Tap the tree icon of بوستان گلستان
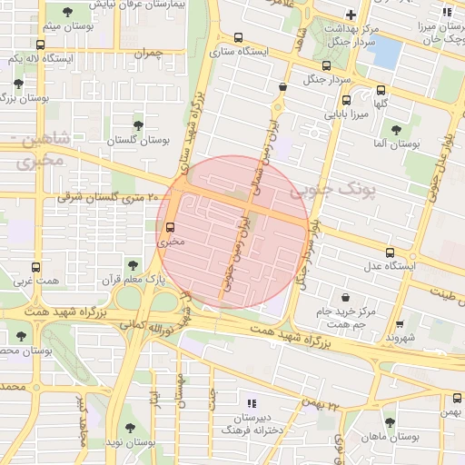coord(138,125)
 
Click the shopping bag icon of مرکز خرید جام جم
coord(345,297)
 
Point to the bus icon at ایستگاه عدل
coord(390,252)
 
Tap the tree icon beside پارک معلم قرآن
coord(134,265)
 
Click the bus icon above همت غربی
coord(35,267)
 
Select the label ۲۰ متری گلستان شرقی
coord(108,197)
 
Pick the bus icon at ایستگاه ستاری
coord(238,38)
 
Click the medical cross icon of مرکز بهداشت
coord(351,15)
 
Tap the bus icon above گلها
coord(380,90)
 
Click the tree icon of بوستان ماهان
coord(390,422)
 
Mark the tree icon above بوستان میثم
coord(68,12)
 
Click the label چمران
coord(146,54)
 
